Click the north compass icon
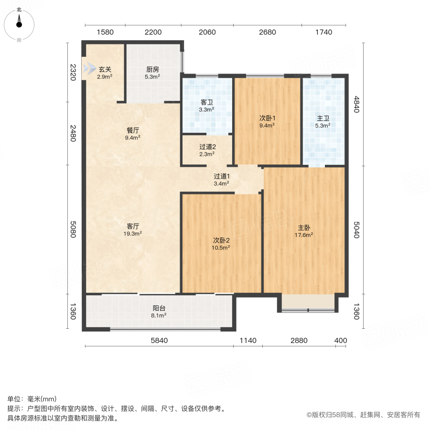coord(19,24)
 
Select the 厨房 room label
coord(153,69)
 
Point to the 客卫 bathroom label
coord(206,102)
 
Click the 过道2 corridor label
coord(207,147)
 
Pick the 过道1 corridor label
coord(221,176)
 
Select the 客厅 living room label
coord(133,226)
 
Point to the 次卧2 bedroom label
coord(221,240)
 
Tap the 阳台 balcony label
coord(159,308)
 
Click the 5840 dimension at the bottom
coord(159,341)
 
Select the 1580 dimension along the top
coord(105,32)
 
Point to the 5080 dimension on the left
coord(73,228)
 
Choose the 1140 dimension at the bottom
coord(248,341)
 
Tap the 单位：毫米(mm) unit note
coord(32,399)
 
